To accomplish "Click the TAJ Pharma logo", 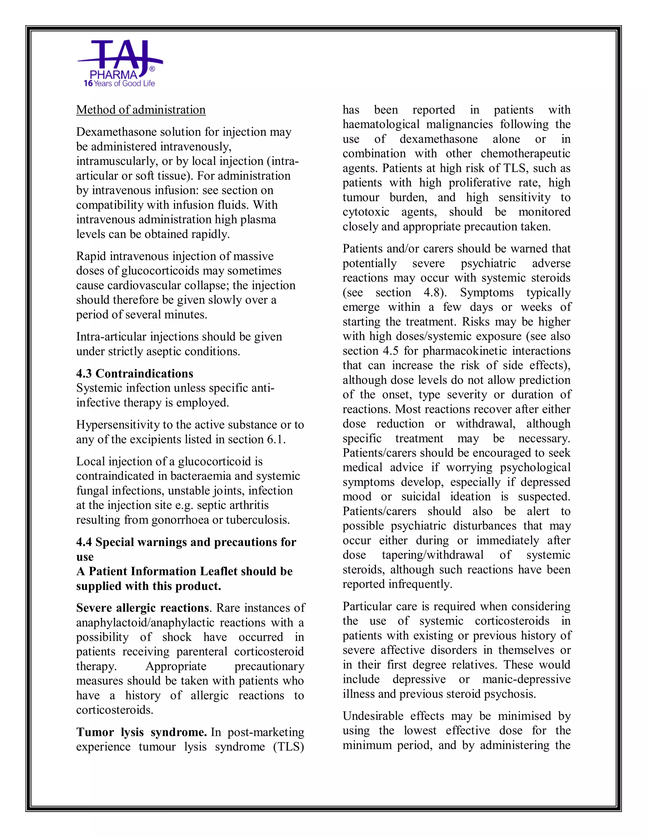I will [120, 63].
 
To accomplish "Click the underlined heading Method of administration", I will [141, 110].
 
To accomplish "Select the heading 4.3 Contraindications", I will [135, 373].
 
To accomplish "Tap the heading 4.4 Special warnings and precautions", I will [186, 542].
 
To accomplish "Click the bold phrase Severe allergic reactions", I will [142, 608].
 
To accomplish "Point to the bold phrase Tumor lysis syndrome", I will [142, 732].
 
